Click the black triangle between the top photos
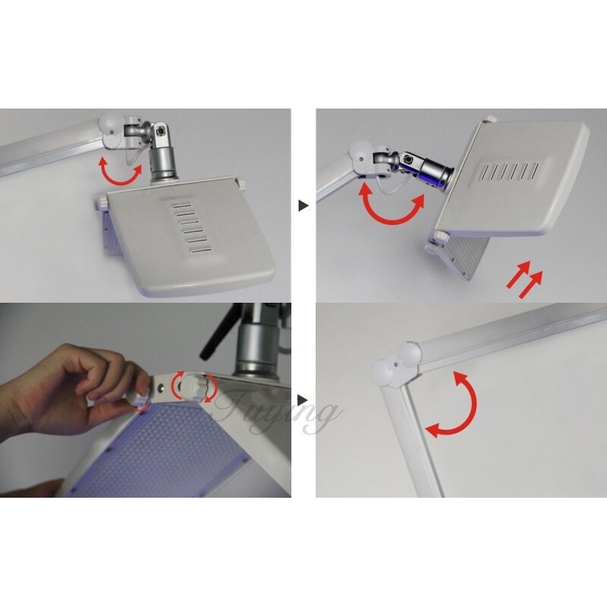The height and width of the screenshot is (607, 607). (303, 206)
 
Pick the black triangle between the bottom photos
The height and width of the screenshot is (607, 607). (303, 399)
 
